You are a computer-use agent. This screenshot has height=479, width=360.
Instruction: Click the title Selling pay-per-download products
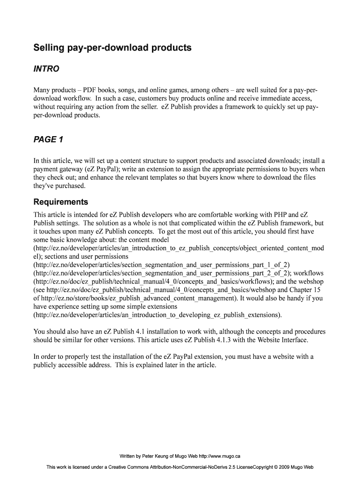pyautogui.click(x=112, y=48)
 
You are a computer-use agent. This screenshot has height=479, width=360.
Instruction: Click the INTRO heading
pyautogui.click(x=46, y=69)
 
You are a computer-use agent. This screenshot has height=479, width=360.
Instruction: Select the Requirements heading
pyautogui.click(x=61, y=202)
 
